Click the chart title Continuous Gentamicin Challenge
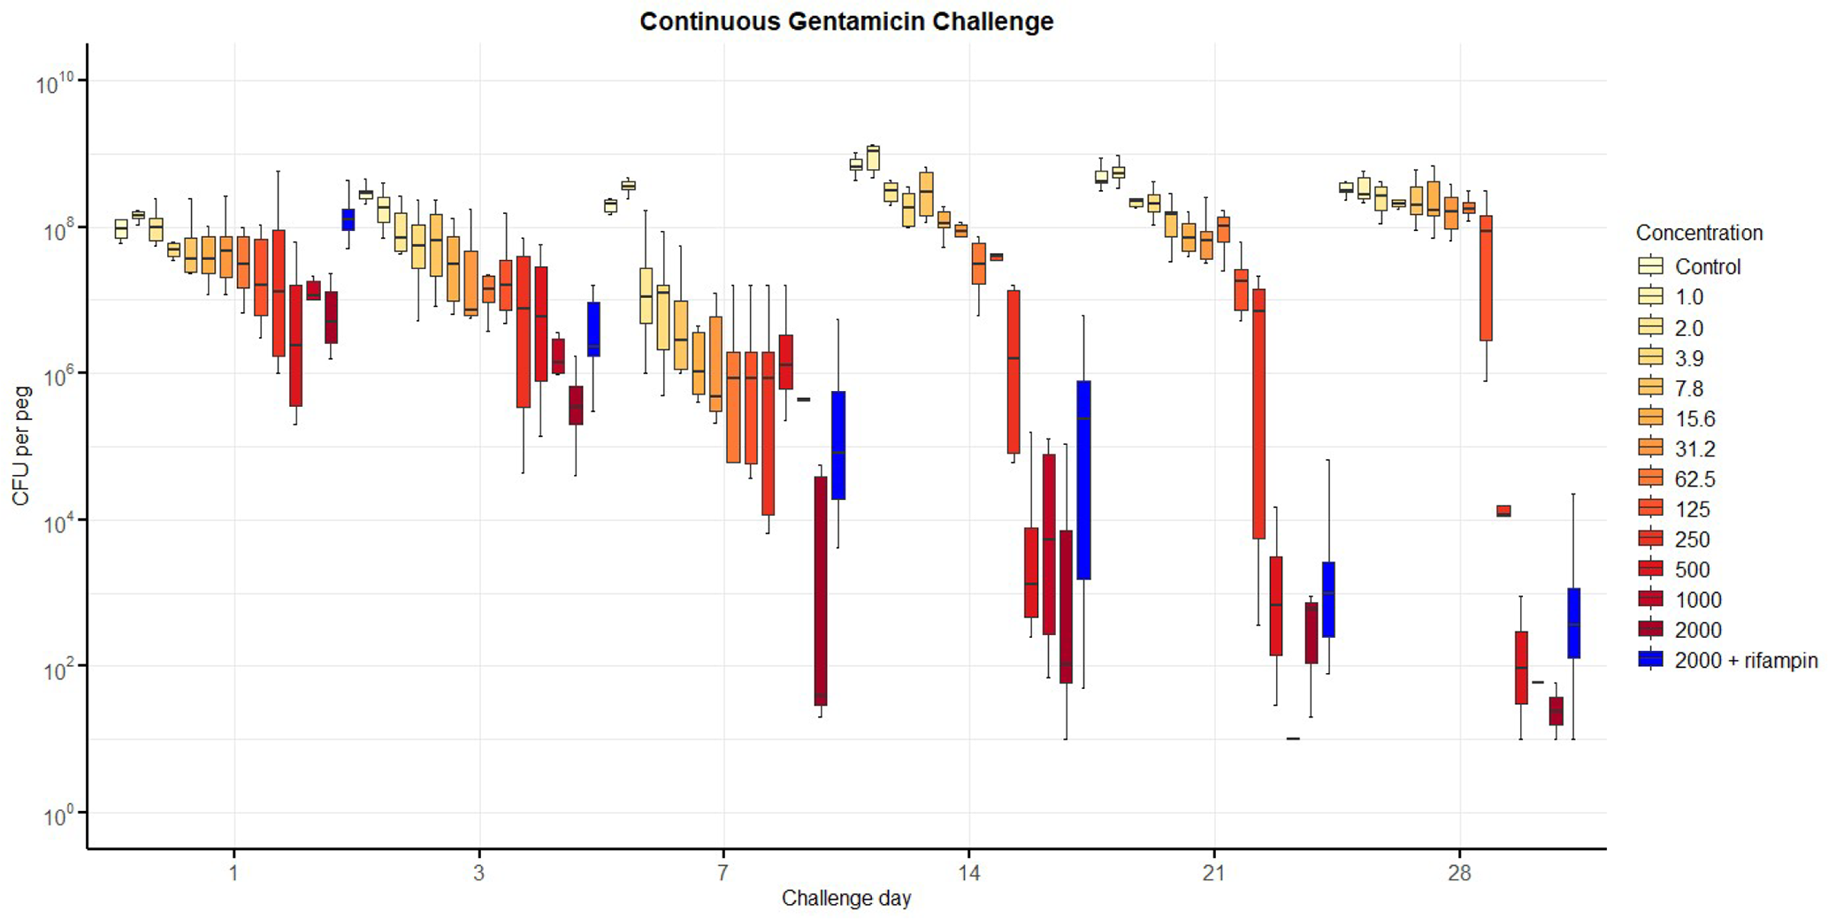point(846,21)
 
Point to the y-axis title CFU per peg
point(21,446)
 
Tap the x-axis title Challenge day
point(846,899)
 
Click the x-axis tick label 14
point(968,874)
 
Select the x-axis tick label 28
point(1459,874)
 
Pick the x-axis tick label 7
point(723,874)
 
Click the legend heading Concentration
point(1699,233)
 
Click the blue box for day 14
point(1083,479)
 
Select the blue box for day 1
point(348,219)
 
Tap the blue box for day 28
point(1573,623)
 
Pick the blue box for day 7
point(838,445)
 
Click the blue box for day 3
point(593,329)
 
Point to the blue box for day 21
point(1328,599)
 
